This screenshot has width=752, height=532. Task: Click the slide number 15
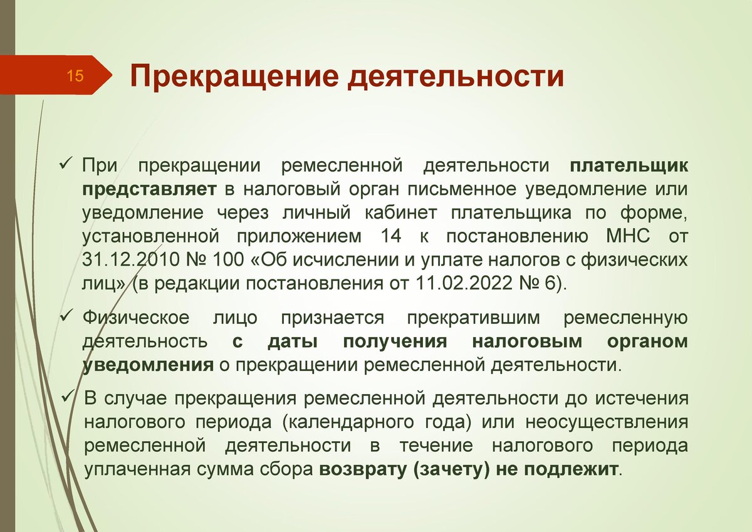[75, 76]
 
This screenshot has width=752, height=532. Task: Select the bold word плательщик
[629, 167]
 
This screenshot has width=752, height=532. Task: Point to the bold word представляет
[149, 190]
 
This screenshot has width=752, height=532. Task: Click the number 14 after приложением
[390, 236]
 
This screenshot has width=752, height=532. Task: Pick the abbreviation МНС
[628, 236]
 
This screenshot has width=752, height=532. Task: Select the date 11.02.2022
[464, 284]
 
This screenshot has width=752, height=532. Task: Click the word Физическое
[136, 318]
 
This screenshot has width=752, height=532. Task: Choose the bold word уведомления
[148, 365]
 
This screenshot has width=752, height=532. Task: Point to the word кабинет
[401, 213]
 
